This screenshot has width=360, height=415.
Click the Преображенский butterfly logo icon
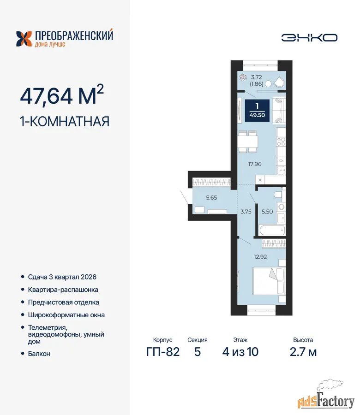[x=24, y=39]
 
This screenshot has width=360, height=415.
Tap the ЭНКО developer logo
[x=309, y=38]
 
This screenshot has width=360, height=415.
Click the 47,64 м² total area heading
[x=62, y=95]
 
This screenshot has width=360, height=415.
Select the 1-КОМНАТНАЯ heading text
[x=64, y=121]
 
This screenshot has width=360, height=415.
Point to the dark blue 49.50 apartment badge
[x=257, y=111]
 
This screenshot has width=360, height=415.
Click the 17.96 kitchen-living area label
[x=255, y=164]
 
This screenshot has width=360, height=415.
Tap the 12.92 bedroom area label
[x=260, y=257]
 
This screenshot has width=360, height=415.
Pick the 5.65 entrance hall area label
[x=211, y=198]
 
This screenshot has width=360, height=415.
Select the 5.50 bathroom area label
[x=267, y=212]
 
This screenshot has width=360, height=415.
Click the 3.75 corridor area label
[x=246, y=212]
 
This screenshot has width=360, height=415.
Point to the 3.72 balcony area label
[x=257, y=77]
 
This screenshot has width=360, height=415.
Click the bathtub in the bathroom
[x=272, y=230]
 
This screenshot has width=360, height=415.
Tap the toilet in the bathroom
[x=278, y=195]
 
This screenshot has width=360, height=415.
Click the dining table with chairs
[x=248, y=142]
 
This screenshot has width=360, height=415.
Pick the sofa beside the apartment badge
[x=279, y=111]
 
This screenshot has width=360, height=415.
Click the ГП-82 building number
[x=163, y=352]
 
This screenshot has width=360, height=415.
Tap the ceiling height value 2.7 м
[x=303, y=352]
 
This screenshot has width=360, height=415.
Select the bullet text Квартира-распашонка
[x=63, y=290]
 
